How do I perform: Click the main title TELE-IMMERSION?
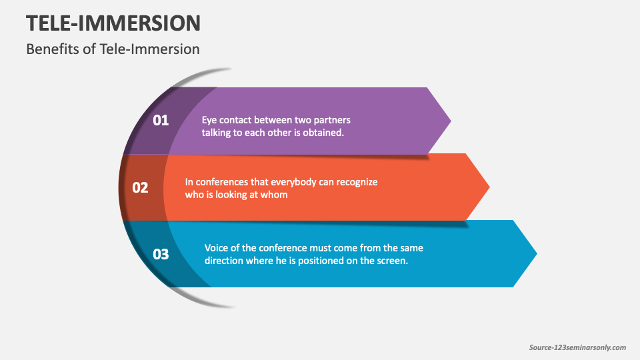coord(113,23)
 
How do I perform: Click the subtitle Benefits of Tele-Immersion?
coord(113,49)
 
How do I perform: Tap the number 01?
coord(161,121)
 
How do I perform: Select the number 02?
coord(140,187)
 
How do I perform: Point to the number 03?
coord(161,254)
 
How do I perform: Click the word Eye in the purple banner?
coord(210,120)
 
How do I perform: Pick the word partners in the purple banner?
coord(331,120)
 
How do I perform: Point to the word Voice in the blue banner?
coord(217,247)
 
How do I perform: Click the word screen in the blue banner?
coord(392,261)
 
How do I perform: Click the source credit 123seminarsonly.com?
coord(577,347)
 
